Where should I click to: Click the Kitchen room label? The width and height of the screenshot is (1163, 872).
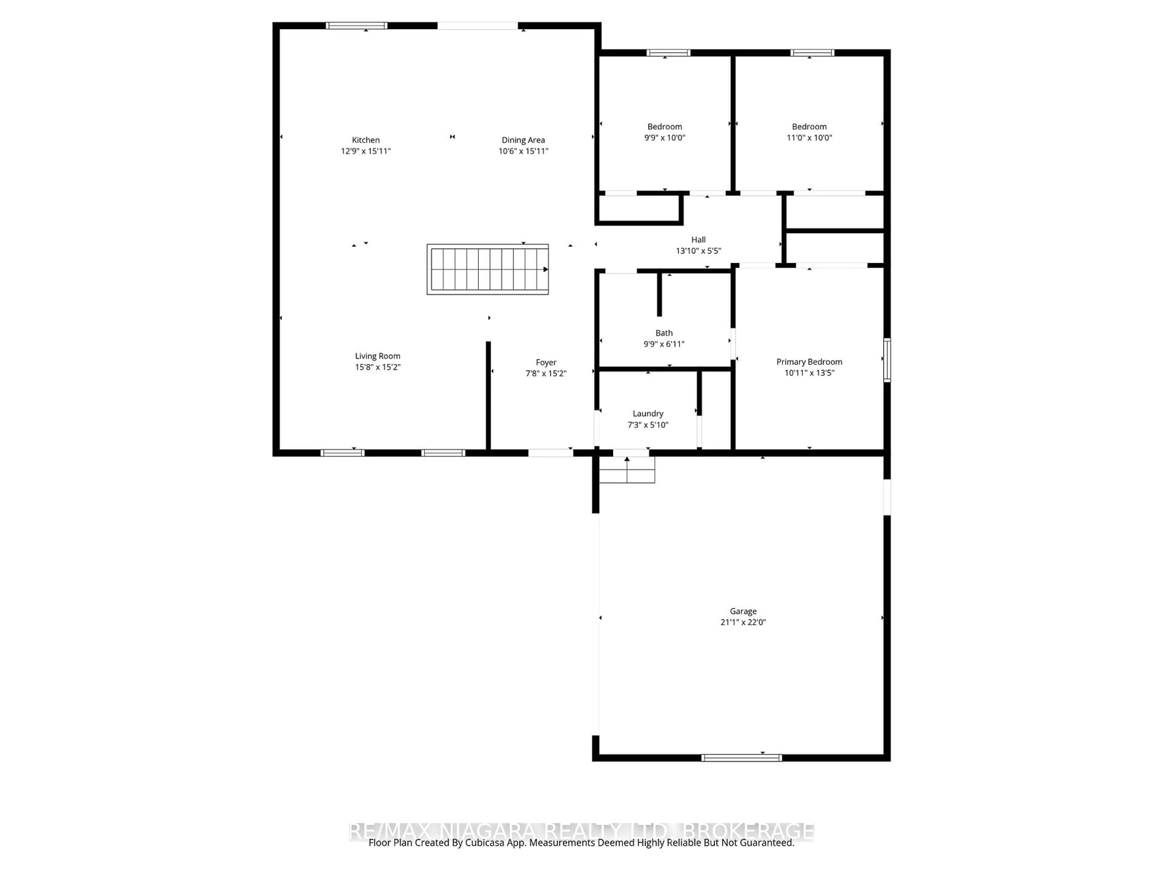366,140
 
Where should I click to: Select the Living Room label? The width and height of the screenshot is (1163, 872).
377,356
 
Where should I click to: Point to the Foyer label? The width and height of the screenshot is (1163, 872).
546,362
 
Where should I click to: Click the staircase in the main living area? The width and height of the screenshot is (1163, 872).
488,269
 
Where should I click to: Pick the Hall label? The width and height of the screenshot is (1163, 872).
698,240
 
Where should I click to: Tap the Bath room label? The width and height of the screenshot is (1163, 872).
664,333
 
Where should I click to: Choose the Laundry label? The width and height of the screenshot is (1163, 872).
648,414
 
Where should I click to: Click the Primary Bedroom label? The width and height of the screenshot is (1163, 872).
809,362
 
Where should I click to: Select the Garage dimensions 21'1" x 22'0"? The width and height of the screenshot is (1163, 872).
743,622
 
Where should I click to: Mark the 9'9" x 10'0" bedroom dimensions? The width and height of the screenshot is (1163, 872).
664,138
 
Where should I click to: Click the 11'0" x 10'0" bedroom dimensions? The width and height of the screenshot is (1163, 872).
809,138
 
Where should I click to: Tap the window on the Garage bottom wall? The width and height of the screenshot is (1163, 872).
741,758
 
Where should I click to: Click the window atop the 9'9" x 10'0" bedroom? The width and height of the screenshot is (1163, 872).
668,53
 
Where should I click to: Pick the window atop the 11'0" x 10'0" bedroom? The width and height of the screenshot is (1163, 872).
812,53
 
